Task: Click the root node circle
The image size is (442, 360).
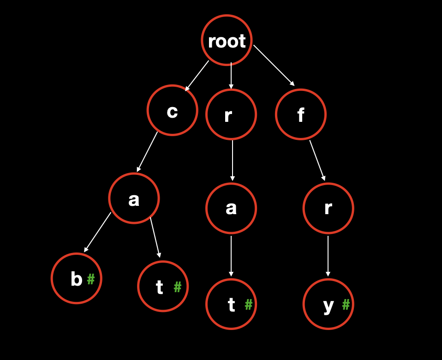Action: coord(227,41)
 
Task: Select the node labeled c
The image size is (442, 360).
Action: coord(173,110)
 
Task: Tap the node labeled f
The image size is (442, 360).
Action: coord(301,114)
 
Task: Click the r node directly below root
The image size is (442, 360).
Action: coord(231,114)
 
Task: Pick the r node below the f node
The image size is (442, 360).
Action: coord(328,208)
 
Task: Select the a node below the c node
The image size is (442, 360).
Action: coord(134,198)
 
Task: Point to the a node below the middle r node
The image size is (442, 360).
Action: coord(231,208)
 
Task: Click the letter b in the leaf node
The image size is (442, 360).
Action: coord(76,279)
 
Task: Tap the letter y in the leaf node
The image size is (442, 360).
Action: coord(328,305)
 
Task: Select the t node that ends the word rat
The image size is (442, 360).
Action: coord(231,304)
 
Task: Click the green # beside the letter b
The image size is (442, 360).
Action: coord(91,279)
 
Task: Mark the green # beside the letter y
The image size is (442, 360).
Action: coord(346,304)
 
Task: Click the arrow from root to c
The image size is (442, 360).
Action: coord(197,76)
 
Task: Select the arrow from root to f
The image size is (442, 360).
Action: coord(274,65)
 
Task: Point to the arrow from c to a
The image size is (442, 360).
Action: coord(147,152)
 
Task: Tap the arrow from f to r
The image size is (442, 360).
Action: coord(317,160)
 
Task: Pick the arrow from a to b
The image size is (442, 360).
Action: coord(98,232)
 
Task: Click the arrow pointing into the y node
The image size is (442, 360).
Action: coord(328,256)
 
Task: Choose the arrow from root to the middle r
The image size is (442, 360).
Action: coord(231,75)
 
